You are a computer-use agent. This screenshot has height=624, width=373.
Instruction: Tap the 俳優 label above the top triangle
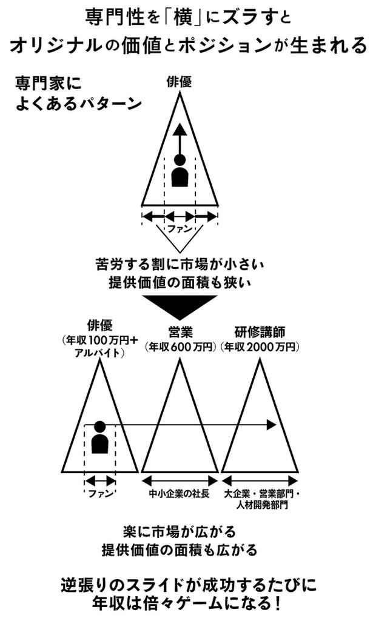click(x=180, y=82)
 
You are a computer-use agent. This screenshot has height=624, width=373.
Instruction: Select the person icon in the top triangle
click(x=180, y=170)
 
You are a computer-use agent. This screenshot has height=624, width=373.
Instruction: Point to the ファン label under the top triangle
click(x=180, y=229)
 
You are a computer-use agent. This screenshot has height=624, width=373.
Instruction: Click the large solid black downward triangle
click(x=180, y=307)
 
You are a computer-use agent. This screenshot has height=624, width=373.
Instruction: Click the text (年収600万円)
click(x=180, y=347)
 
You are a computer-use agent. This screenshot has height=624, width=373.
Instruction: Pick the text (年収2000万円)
click(x=260, y=347)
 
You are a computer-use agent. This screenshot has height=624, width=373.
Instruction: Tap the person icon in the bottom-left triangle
click(x=99, y=437)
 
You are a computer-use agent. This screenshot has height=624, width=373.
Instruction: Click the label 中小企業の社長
click(x=180, y=494)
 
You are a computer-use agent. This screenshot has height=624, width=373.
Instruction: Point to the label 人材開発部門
click(x=261, y=505)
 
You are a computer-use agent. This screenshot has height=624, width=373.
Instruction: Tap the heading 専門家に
click(x=49, y=84)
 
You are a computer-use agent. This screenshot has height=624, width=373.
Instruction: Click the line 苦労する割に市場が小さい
click(x=180, y=264)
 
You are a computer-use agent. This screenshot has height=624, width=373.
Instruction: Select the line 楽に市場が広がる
click(x=180, y=532)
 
